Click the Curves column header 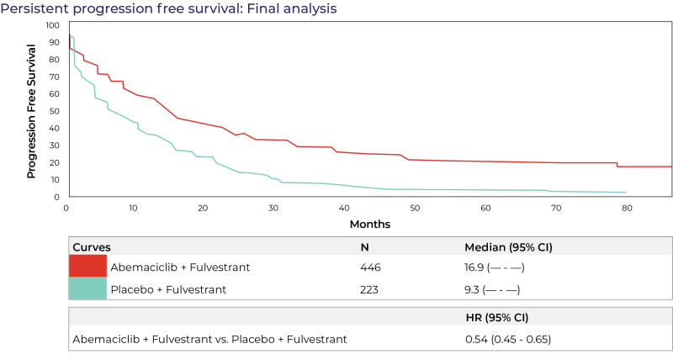click(x=92, y=247)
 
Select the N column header click(x=365, y=247)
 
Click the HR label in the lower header click(x=474, y=318)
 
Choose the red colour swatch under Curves click(x=87, y=266)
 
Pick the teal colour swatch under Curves click(x=87, y=289)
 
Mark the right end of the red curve click(x=671, y=167)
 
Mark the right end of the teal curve click(x=626, y=193)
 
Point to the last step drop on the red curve click(x=617, y=165)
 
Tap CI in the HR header click(x=518, y=318)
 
